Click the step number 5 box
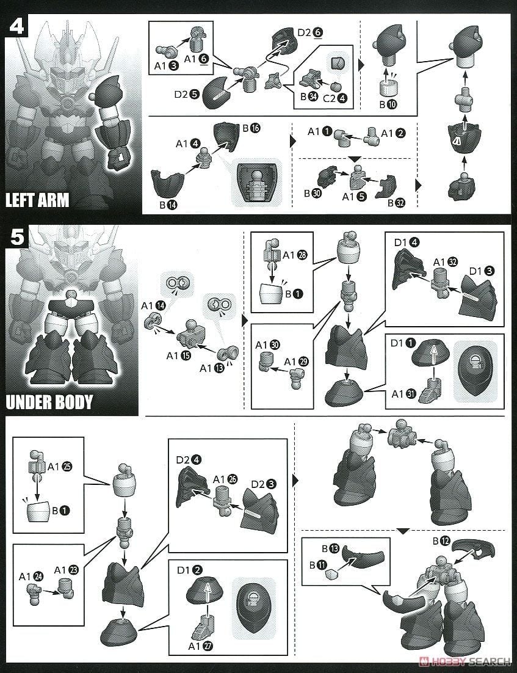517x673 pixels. click(x=17, y=237)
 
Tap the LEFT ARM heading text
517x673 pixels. click(x=37, y=200)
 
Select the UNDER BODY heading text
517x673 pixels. click(x=49, y=402)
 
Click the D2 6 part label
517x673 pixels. click(x=309, y=32)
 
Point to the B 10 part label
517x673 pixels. click(x=388, y=104)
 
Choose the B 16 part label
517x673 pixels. click(x=251, y=128)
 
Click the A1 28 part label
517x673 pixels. click(x=295, y=255)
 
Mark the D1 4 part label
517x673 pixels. click(x=407, y=242)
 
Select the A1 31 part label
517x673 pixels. click(x=403, y=393)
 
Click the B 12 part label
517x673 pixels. click(x=441, y=541)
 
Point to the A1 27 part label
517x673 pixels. click(x=201, y=646)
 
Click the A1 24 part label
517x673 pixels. click(x=31, y=577)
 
